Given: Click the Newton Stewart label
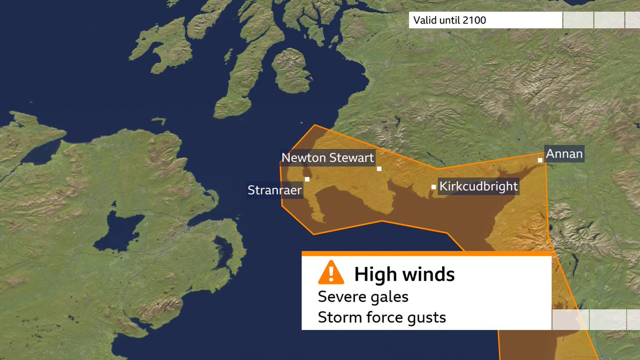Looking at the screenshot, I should [327, 158].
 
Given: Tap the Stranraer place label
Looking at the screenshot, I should [275, 190].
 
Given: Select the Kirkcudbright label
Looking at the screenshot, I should [478, 187].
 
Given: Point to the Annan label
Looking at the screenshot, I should [564, 155].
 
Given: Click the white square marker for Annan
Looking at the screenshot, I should [540, 160].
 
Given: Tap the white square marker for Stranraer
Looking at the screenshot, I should [307, 179].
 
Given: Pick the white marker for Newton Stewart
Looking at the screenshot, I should [379, 169].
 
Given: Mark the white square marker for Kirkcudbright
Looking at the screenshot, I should [434, 187].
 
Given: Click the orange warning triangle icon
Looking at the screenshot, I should [331, 273].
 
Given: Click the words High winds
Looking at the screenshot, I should [404, 275].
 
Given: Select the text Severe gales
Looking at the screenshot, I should [363, 297].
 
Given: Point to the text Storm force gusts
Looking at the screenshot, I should [381, 318].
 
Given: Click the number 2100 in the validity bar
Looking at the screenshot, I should [475, 21].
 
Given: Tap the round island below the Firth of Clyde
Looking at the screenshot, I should [291, 69].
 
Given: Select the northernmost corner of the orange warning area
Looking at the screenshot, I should [315, 125].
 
